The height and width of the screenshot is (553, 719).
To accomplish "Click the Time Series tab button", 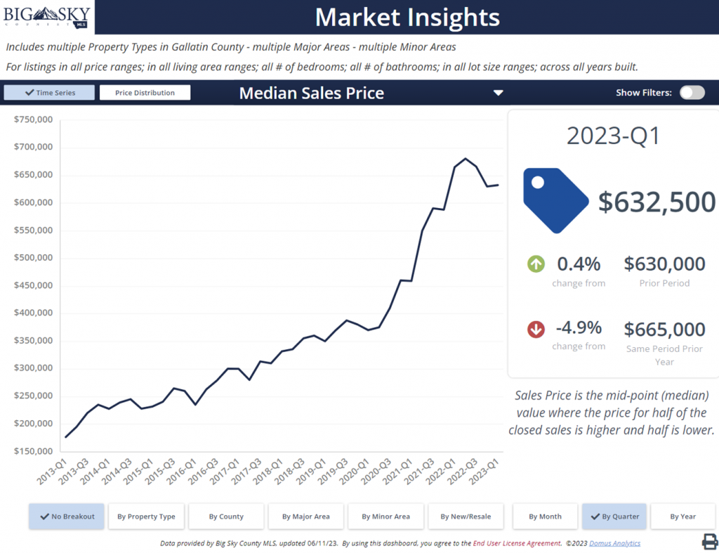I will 49,93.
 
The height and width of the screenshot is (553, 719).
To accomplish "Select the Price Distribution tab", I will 145,93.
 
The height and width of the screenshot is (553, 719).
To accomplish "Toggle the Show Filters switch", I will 692,93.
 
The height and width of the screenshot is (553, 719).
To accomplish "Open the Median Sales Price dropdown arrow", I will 498,93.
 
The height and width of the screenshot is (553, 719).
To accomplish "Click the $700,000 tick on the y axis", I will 34,147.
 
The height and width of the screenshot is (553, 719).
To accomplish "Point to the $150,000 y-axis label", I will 34,451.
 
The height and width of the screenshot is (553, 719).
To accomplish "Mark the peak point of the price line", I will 466,159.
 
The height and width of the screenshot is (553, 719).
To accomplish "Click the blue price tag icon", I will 555,200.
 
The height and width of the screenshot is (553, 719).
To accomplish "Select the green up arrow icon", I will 536,264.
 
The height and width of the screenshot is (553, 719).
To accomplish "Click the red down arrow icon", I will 536,328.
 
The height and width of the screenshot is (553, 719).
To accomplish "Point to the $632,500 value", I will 657,202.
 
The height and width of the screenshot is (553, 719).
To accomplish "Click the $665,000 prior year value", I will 664,329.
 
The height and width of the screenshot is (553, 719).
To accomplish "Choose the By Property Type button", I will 146,516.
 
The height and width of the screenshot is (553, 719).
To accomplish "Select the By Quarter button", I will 614,516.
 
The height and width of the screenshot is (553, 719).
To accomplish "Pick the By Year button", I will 682,516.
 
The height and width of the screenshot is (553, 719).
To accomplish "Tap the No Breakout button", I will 67,516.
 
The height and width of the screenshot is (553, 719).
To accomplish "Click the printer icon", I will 709,541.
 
